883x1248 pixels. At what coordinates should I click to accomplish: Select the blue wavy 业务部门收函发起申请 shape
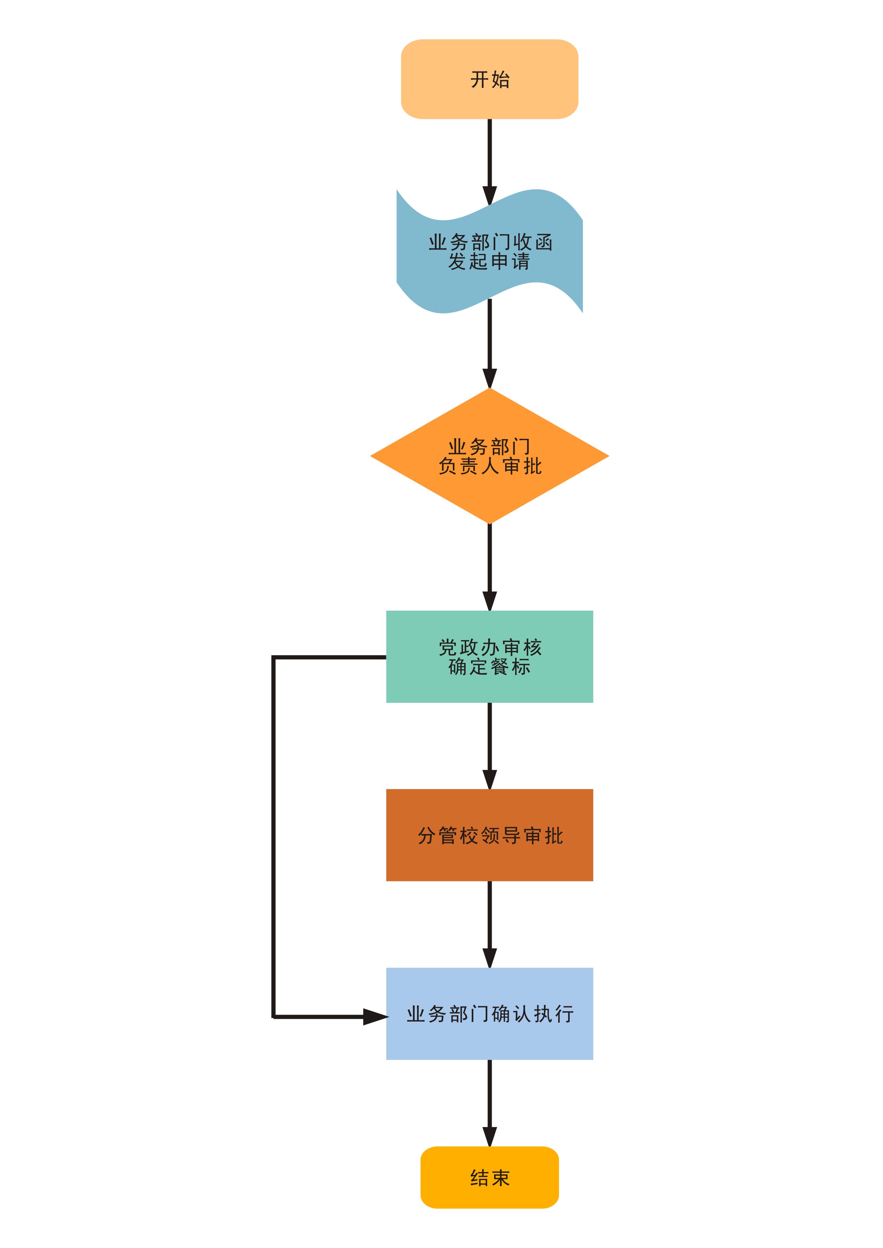coord(489,251)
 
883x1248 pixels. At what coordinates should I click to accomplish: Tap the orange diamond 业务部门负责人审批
coord(489,456)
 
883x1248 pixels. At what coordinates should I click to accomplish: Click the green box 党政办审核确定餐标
coord(489,657)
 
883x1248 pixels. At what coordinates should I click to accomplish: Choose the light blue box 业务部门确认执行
coord(489,1014)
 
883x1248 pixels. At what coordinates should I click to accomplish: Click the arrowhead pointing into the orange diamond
coord(490,379)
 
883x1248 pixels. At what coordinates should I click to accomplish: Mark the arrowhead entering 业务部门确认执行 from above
coord(490,959)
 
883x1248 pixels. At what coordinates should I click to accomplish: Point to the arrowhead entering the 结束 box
coord(490,1137)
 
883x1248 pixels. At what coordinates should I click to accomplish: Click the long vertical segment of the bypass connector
coord(273,837)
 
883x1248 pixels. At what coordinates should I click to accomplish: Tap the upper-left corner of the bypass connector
coord(273,657)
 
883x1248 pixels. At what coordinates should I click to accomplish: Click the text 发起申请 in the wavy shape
coord(489,262)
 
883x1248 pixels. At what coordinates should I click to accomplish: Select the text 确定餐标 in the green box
coord(489,667)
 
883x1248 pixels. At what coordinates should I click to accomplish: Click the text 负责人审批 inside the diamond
coord(490,466)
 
